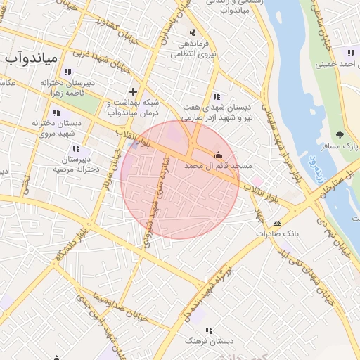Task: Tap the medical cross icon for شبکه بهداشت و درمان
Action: click(x=134, y=91)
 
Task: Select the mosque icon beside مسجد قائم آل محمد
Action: click(x=218, y=155)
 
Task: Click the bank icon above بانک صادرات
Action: click(x=276, y=222)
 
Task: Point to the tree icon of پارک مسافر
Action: click(x=341, y=134)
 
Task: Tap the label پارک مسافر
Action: click(x=340, y=146)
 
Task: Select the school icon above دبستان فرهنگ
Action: click(x=209, y=330)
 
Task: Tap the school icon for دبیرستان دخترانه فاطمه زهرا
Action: click(x=67, y=72)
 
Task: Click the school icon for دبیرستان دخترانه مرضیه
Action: click(x=76, y=148)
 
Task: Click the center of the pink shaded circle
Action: click(x=179, y=179)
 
